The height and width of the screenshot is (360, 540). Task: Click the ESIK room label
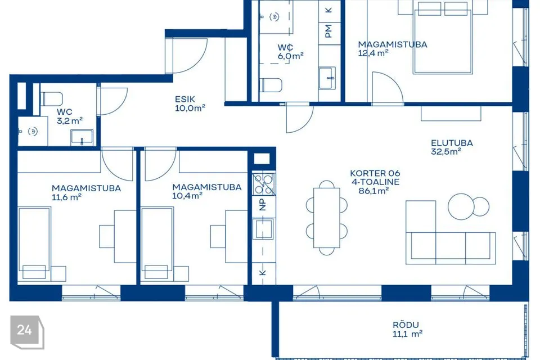pos(185,99)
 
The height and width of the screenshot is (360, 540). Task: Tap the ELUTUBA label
pos(452,143)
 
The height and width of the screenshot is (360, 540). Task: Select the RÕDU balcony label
pos(406,325)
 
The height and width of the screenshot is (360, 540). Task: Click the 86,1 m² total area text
pos(373,191)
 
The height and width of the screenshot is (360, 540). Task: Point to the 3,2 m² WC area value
pos(70,120)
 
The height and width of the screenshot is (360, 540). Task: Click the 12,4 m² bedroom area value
pos(373,53)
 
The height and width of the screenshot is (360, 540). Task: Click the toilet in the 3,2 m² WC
pos(51,99)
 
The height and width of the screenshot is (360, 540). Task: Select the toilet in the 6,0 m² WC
pos(271,85)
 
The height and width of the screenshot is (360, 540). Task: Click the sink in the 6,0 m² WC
pos(327,78)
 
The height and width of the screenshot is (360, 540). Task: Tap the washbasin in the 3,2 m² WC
pos(82,137)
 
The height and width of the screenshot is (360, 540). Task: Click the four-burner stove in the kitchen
pos(263,184)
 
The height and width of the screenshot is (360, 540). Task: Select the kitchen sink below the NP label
pos(263,229)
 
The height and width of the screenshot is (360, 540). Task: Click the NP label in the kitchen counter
pos(263,205)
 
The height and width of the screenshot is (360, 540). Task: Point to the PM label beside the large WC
pos(328,31)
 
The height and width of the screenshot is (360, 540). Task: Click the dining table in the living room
pos(326,218)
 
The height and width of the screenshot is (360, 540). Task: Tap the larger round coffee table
pos(461,206)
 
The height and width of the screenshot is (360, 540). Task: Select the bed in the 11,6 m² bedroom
pos(34,244)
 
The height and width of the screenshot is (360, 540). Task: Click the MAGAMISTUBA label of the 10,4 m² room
pos(206,187)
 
